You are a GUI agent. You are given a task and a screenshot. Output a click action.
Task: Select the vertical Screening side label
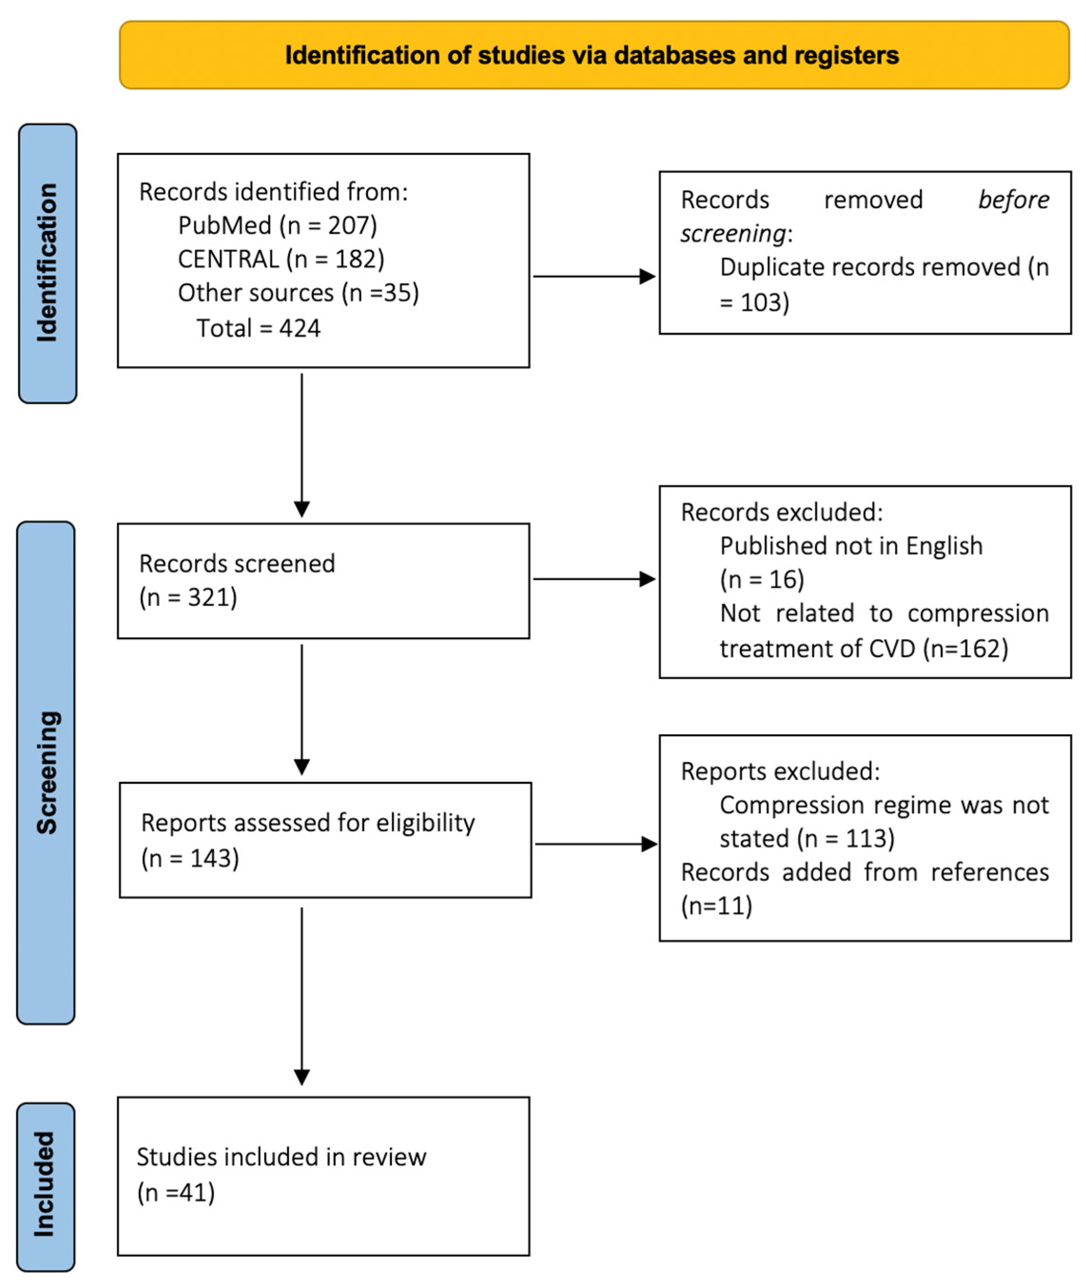(47, 772)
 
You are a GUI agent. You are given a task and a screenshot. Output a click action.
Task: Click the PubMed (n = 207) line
(277, 226)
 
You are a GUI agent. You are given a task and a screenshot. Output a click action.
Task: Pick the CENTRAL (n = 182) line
(281, 259)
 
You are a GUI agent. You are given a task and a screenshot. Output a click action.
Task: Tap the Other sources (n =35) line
(298, 293)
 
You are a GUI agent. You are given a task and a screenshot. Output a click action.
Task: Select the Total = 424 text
(258, 328)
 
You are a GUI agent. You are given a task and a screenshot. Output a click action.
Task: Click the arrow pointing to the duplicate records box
(593, 276)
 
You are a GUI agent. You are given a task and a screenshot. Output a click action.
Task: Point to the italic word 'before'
(1013, 200)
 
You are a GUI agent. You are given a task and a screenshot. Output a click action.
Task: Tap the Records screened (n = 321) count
(188, 597)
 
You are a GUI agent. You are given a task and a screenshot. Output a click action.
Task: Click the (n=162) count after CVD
(965, 649)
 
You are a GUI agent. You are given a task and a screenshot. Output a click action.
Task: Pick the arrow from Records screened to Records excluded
(593, 579)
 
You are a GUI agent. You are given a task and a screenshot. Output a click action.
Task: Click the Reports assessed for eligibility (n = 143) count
(190, 858)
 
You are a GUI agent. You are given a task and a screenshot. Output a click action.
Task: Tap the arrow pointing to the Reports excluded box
(595, 844)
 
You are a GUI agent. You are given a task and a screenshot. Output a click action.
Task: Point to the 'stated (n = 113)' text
(806, 839)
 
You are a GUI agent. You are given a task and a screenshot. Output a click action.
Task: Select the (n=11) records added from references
(717, 906)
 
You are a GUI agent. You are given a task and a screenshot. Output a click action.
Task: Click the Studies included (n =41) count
(176, 1192)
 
